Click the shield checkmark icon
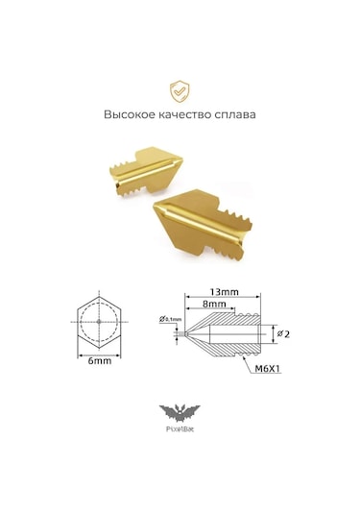pos(180,91)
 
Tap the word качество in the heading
pos(187,114)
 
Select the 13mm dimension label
pos(224,290)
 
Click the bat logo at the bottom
pos(180,413)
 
